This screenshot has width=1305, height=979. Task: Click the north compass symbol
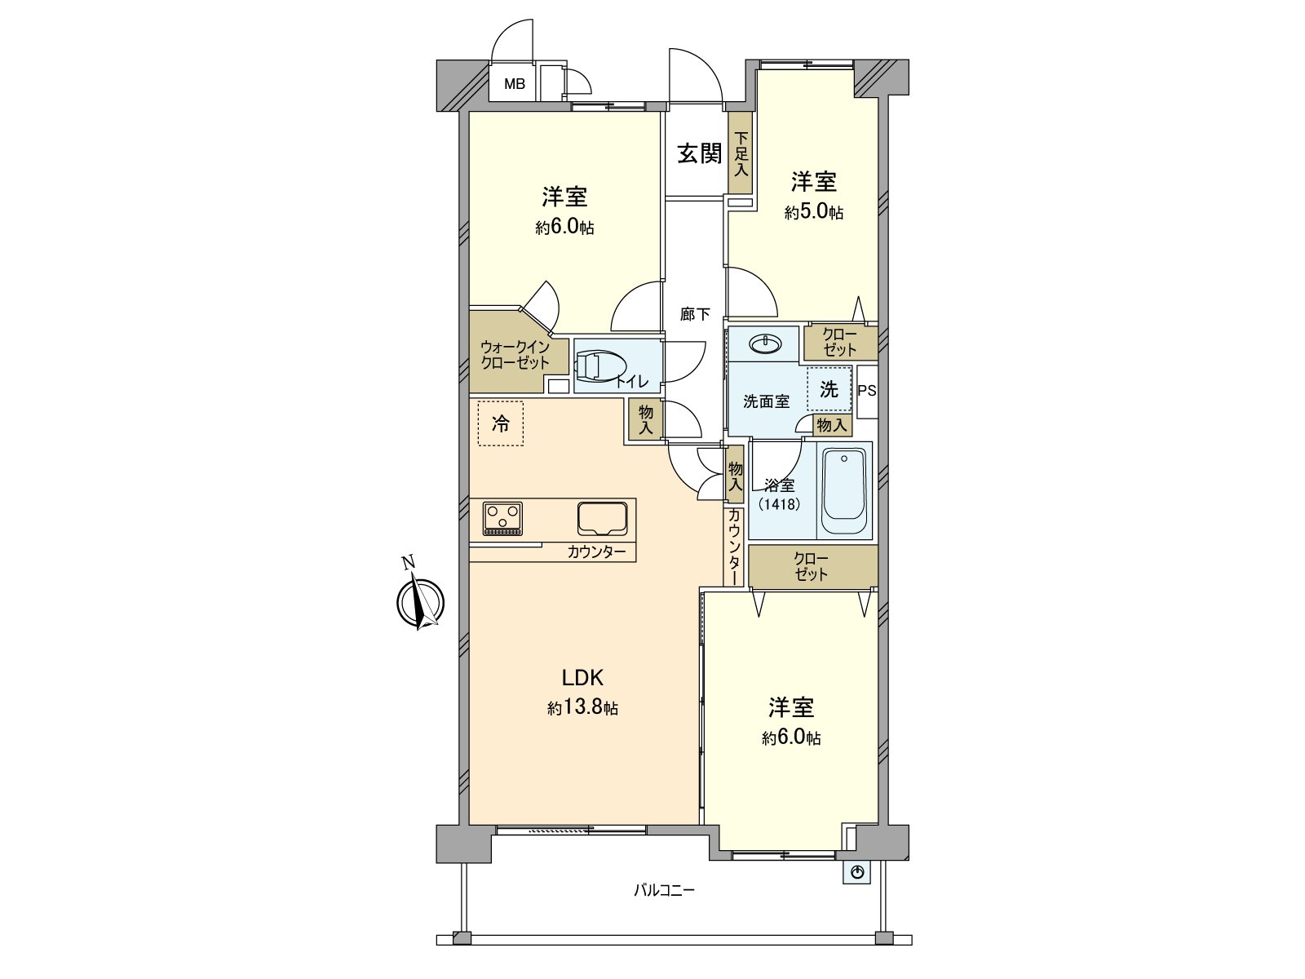tap(420, 602)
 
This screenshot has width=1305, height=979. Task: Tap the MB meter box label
tap(514, 84)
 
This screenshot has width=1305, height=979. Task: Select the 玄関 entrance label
tap(699, 153)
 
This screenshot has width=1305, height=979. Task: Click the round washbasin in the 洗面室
tap(765, 344)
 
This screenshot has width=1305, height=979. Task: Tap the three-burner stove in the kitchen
tap(502, 518)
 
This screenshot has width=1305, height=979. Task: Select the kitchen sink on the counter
tap(603, 517)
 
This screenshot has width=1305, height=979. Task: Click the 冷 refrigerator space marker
tap(501, 423)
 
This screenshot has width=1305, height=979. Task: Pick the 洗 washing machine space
tap(829, 389)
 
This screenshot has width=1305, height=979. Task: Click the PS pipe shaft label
tap(867, 391)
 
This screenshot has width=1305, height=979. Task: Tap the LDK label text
tap(582, 678)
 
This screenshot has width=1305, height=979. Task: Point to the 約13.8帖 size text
tap(582, 707)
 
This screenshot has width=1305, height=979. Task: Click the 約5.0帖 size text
tap(814, 213)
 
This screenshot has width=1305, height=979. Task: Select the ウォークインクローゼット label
tap(515, 355)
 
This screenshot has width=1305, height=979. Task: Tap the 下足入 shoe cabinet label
tap(741, 155)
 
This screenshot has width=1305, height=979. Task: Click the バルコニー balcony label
tap(665, 890)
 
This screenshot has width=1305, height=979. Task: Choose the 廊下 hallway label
tap(695, 314)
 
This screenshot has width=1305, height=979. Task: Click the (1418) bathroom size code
tap(779, 504)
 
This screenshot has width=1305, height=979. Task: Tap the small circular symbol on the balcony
tap(857, 873)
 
